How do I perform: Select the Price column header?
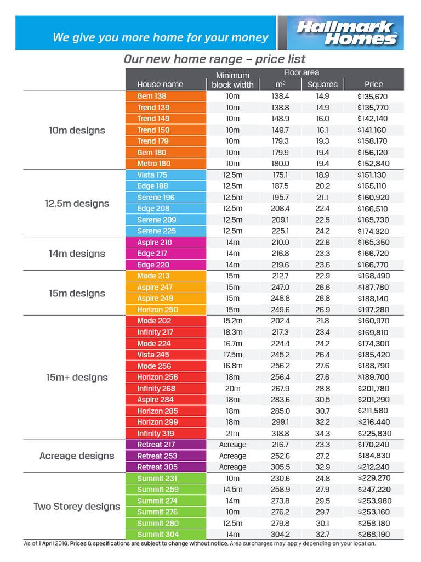pyautogui.click(x=373, y=85)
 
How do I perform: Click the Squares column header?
pyautogui.click(x=322, y=85)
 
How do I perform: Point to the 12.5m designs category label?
pyautogui.click(x=77, y=204)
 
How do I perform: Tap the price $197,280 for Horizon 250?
pyautogui.click(x=373, y=310)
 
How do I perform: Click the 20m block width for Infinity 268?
pyautogui.click(x=232, y=389)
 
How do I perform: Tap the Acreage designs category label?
pyautogui.click(x=77, y=456)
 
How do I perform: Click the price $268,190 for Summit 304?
pyautogui.click(x=373, y=535)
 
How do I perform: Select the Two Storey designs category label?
pyautogui.click(x=77, y=507)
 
